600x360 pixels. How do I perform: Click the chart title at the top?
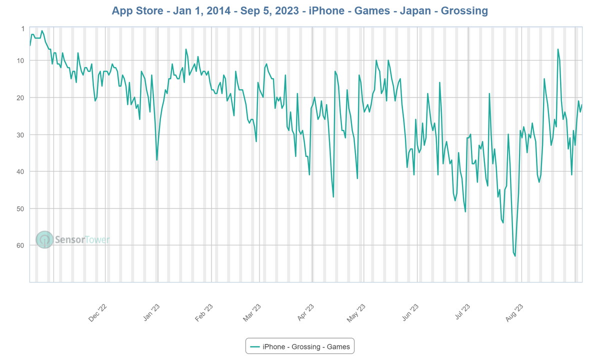tap(300, 10)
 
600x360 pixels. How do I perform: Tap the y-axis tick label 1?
tap(22, 28)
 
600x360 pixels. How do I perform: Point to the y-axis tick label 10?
tap(20, 60)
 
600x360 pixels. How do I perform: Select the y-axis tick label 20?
tap(20, 97)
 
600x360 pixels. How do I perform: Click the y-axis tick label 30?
tap(20, 134)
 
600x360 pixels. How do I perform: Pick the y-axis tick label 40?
tap(20, 171)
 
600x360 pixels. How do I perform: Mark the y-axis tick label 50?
tap(20, 208)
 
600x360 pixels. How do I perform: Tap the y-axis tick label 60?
tap(20, 245)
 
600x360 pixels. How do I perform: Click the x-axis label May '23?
tap(356, 313)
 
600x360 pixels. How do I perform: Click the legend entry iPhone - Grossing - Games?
tap(300, 346)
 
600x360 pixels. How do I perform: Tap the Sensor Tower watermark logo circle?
tap(44, 240)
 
